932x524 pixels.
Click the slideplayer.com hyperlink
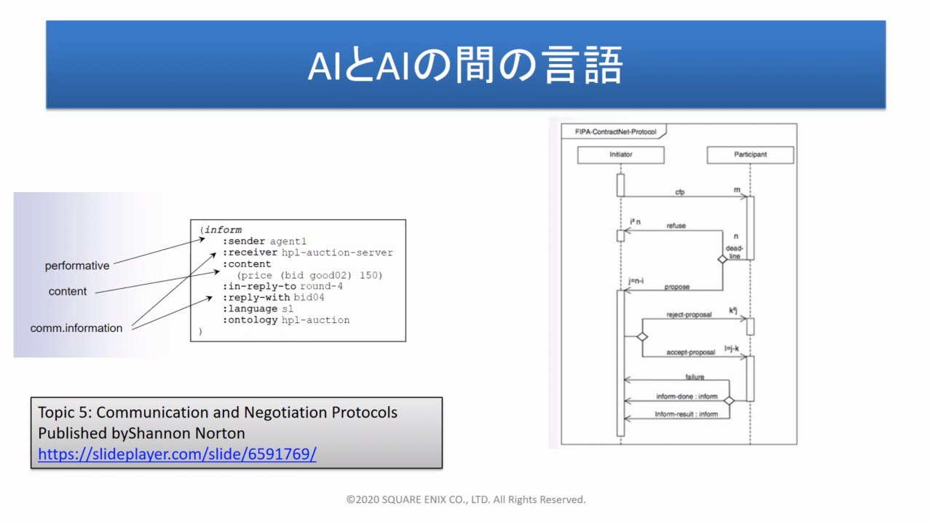pyautogui.click(x=177, y=454)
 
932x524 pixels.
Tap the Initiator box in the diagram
pyautogui.click(x=620, y=154)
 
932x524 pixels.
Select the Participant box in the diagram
pyautogui.click(x=750, y=154)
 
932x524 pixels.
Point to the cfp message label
pyautogui.click(x=681, y=192)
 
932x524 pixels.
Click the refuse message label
pyautogui.click(x=676, y=226)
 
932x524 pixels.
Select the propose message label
pyautogui.click(x=676, y=287)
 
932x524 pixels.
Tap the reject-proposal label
pyautogui.click(x=689, y=315)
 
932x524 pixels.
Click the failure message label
pyautogui.click(x=694, y=376)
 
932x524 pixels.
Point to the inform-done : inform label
pyautogui.click(x=686, y=397)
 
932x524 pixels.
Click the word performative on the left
pyautogui.click(x=77, y=266)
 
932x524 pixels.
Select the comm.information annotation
pyautogui.click(x=76, y=328)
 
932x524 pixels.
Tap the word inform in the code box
pyautogui.click(x=223, y=230)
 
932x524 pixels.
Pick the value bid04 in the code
pyautogui.click(x=309, y=298)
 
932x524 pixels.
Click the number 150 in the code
pyautogui.click(x=371, y=275)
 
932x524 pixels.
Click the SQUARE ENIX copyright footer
pyautogui.click(x=466, y=499)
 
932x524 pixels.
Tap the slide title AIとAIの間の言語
pyautogui.click(x=465, y=66)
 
